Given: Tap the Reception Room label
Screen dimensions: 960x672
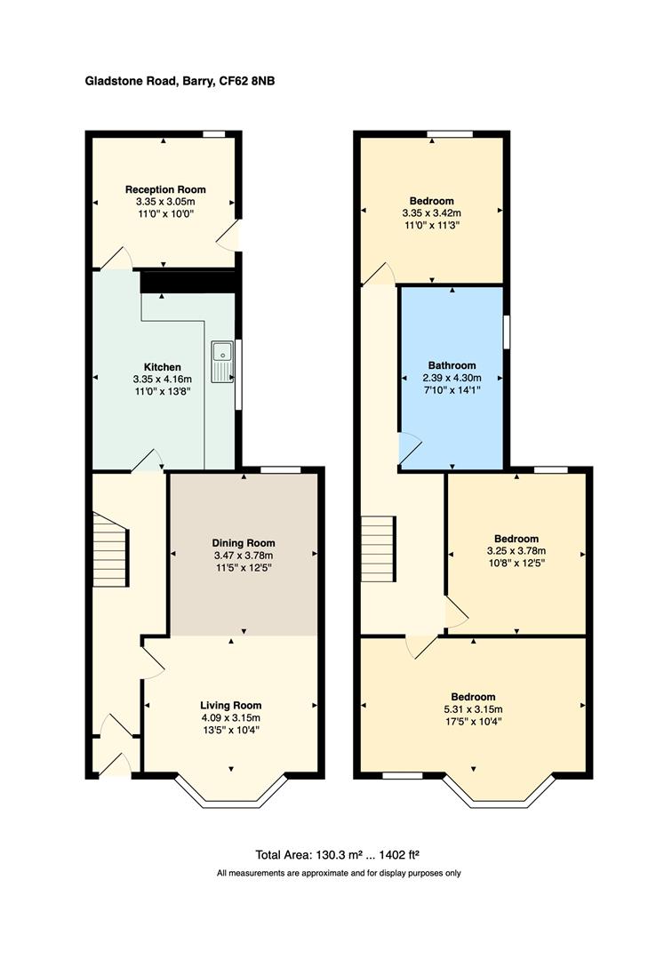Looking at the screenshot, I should tap(165, 189).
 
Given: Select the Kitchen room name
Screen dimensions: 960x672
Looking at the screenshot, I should tap(163, 367).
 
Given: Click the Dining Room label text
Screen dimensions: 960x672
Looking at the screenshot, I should tap(243, 543).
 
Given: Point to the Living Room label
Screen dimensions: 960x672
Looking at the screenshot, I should tap(230, 705).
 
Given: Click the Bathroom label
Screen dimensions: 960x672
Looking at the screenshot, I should tap(452, 365).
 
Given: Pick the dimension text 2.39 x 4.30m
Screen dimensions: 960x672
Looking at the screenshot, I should tap(452, 378).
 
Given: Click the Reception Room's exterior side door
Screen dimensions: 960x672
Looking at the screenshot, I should tap(231, 236).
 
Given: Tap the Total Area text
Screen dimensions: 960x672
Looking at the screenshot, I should tap(337, 855).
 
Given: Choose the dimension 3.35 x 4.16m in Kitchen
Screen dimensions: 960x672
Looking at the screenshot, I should tap(163, 380).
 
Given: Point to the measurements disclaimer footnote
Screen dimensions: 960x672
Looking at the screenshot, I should tap(339, 874).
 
